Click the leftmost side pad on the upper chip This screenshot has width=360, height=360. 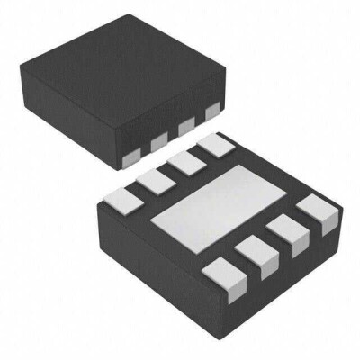click(x=129, y=158)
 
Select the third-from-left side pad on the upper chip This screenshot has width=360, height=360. click(x=186, y=129)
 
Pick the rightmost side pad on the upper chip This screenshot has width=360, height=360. click(x=212, y=113)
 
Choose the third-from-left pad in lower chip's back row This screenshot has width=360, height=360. click(x=184, y=164)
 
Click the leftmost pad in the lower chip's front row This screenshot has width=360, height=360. click(x=220, y=274)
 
